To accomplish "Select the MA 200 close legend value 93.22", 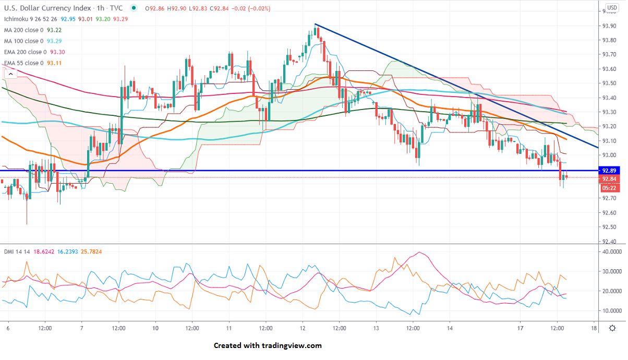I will [55, 30].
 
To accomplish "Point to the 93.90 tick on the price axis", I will [609, 26].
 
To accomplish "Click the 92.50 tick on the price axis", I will [609, 227].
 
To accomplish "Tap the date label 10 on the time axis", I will [155, 328].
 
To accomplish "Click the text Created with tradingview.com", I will [268, 345].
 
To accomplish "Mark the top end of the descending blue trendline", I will [315, 24].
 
